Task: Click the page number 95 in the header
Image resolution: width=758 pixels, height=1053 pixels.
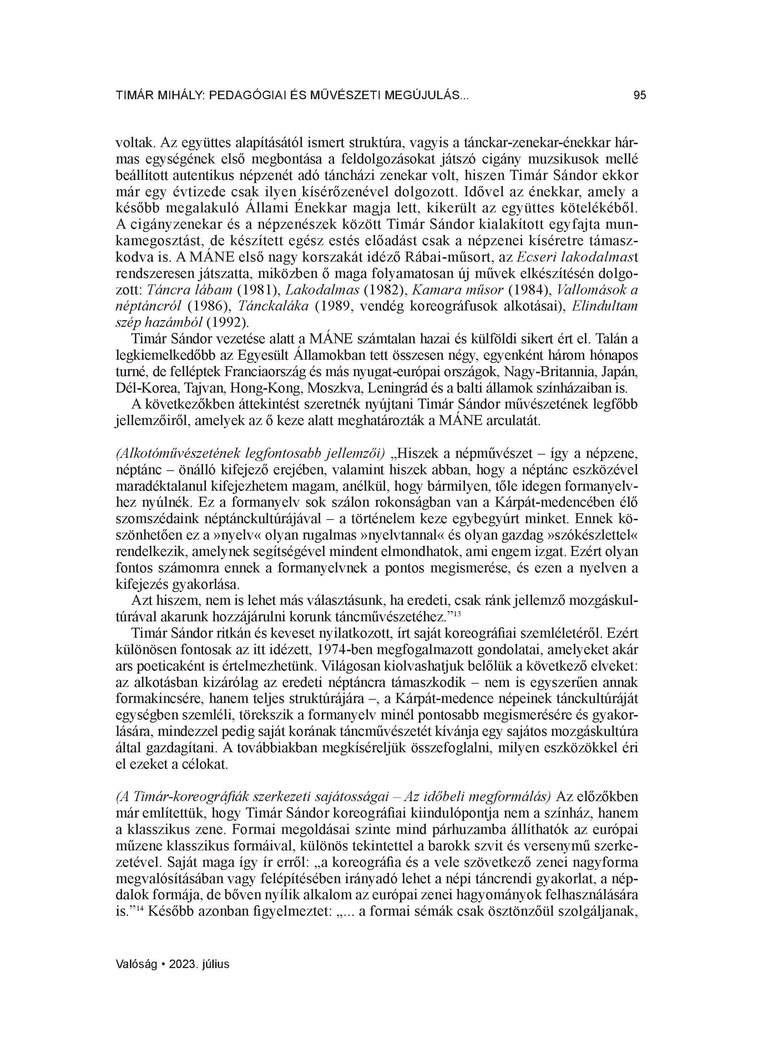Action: tap(640, 96)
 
